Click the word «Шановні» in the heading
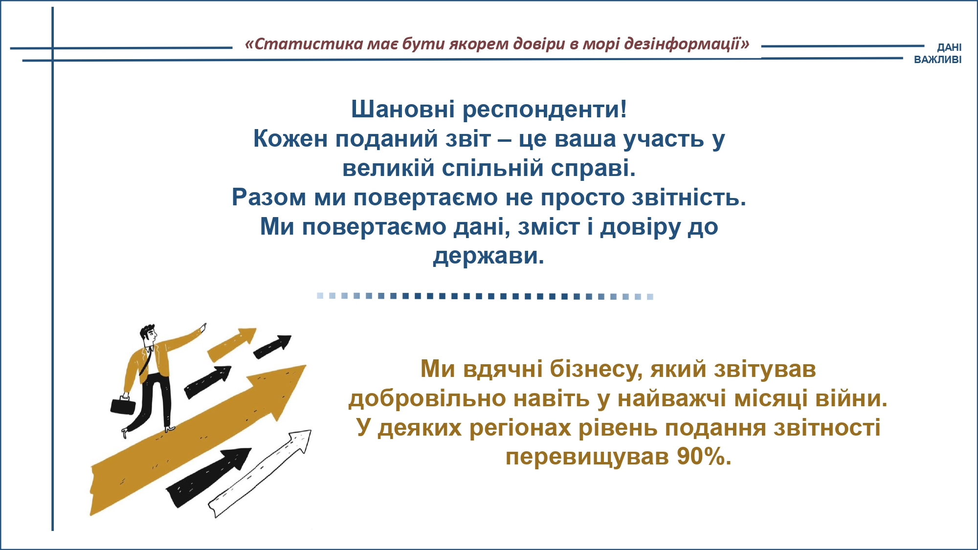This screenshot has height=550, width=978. pyautogui.click(x=403, y=109)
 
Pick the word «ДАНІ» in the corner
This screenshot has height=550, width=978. pyautogui.click(x=949, y=47)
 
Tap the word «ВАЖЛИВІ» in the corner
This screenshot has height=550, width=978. pyautogui.click(x=937, y=60)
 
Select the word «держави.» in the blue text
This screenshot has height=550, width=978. pyautogui.click(x=489, y=256)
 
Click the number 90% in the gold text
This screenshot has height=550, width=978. pyautogui.click(x=704, y=457)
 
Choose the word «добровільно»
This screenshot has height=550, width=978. pyautogui.click(x=427, y=398)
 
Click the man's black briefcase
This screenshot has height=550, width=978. pyautogui.click(x=123, y=405)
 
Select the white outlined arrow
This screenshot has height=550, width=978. pyautogui.click(x=260, y=473)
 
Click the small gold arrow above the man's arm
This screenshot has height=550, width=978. pyautogui.click(x=231, y=344)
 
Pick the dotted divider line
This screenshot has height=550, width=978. pyautogui.click(x=485, y=296)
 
